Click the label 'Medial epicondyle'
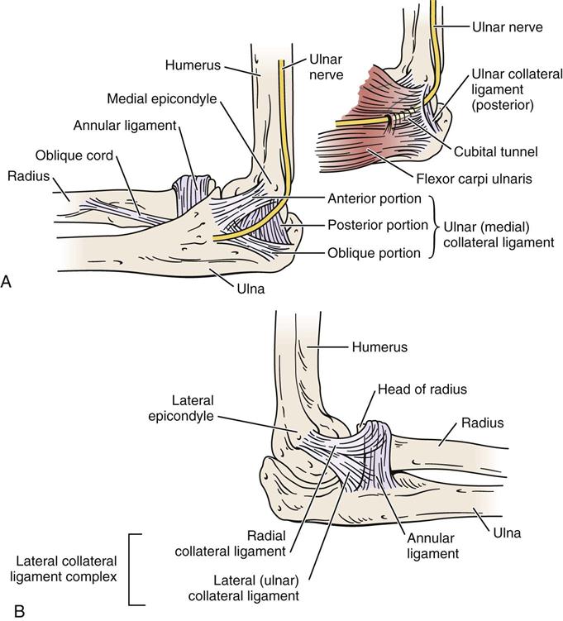point(161,99)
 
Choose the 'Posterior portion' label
point(377,225)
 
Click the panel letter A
point(7,282)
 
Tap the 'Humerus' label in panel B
point(379,347)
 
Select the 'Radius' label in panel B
point(483,423)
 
